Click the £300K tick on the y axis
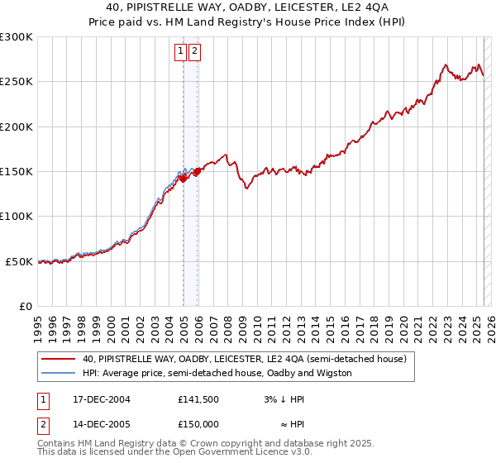click(17, 37)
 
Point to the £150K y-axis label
click(17, 171)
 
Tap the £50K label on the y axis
click(20, 261)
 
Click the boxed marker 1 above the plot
click(180, 51)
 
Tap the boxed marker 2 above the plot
click(194, 51)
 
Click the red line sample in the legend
click(58, 360)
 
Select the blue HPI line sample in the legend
click(58, 373)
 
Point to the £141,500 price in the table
click(198, 399)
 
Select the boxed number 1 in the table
click(42, 399)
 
